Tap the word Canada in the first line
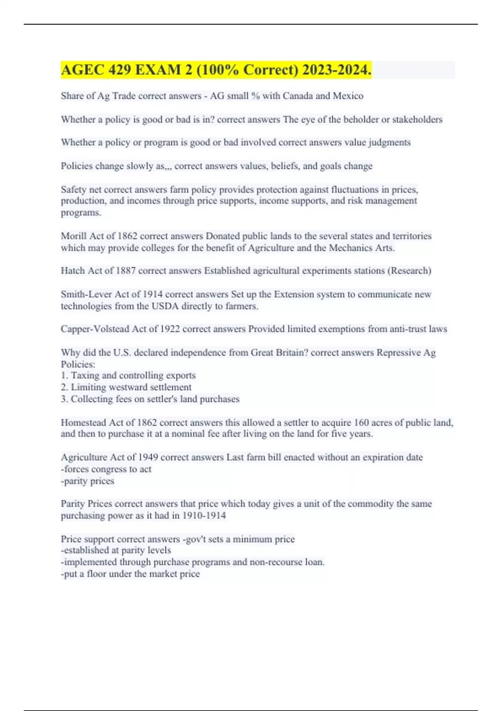(298, 96)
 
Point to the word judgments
(389, 143)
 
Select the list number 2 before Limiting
(64, 387)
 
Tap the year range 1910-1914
(204, 515)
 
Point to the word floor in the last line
(96, 574)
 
